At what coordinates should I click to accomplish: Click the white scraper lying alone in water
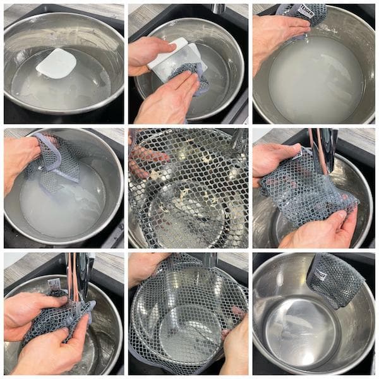(x=56, y=63)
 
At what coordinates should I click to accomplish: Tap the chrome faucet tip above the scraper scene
(x=218, y=8)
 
